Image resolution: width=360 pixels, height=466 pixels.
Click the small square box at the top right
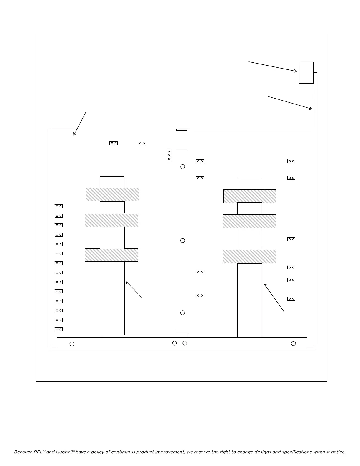306,73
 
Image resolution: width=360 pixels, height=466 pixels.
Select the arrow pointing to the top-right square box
273,66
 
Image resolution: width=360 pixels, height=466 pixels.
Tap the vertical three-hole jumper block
169,155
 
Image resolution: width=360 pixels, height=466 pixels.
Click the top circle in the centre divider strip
183,167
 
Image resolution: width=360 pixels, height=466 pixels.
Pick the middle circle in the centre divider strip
183,241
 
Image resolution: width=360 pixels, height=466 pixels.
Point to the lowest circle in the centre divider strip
183,313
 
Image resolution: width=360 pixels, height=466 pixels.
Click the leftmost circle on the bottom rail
72,344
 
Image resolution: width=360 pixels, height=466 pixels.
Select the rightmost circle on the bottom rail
293,344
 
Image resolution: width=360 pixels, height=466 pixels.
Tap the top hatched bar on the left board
112,194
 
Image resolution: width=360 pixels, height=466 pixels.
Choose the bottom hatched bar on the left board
111,255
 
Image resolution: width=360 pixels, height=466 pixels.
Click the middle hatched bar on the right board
249,221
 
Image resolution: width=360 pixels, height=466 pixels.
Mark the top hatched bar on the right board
250,196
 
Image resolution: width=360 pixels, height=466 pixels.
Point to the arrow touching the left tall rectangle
134,289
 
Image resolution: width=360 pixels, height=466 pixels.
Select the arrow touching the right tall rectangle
274,298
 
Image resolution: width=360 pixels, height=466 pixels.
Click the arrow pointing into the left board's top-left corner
80,124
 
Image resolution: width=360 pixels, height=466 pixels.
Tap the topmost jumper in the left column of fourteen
59,206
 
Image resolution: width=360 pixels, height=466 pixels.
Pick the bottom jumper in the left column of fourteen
59,329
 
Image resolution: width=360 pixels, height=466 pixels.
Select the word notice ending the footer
337,452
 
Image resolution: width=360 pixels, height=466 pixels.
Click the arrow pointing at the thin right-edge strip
290,103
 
